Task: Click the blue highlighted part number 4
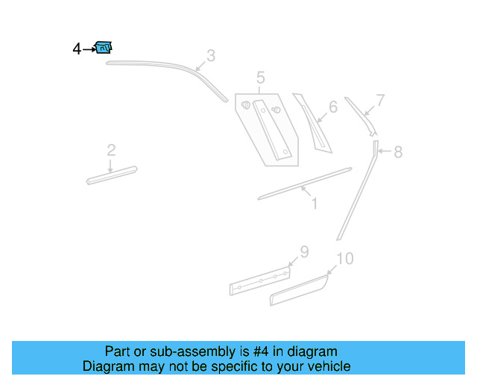tap(104, 48)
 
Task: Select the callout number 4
tap(77, 49)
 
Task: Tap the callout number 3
tap(211, 55)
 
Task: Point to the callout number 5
tap(260, 78)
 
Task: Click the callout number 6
tap(332, 107)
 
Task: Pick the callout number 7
tap(380, 100)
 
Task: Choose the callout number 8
tap(398, 152)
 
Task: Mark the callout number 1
tap(314, 202)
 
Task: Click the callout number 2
tap(111, 151)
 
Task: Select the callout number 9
tap(304, 251)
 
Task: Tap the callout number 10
tap(344, 259)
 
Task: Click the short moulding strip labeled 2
tap(112, 175)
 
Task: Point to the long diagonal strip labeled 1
tap(304, 184)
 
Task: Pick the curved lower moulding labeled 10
tap(298, 290)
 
